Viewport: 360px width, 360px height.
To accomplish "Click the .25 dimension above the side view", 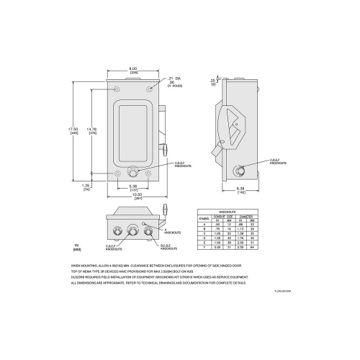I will pyautogui.click(x=213, y=81).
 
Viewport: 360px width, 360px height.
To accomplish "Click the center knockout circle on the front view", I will pyautogui.click(x=133, y=173).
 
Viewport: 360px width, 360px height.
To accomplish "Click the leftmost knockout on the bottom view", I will pyautogui.click(x=116, y=232).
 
